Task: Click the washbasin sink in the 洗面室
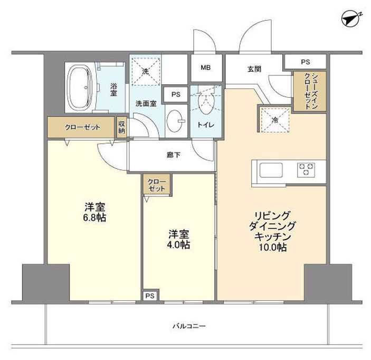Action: (x=175, y=121)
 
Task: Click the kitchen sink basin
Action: (x=271, y=170)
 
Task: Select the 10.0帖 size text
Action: (x=272, y=247)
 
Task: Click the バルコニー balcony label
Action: (x=188, y=326)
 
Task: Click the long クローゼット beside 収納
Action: (x=82, y=127)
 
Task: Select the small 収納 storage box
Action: (x=122, y=127)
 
